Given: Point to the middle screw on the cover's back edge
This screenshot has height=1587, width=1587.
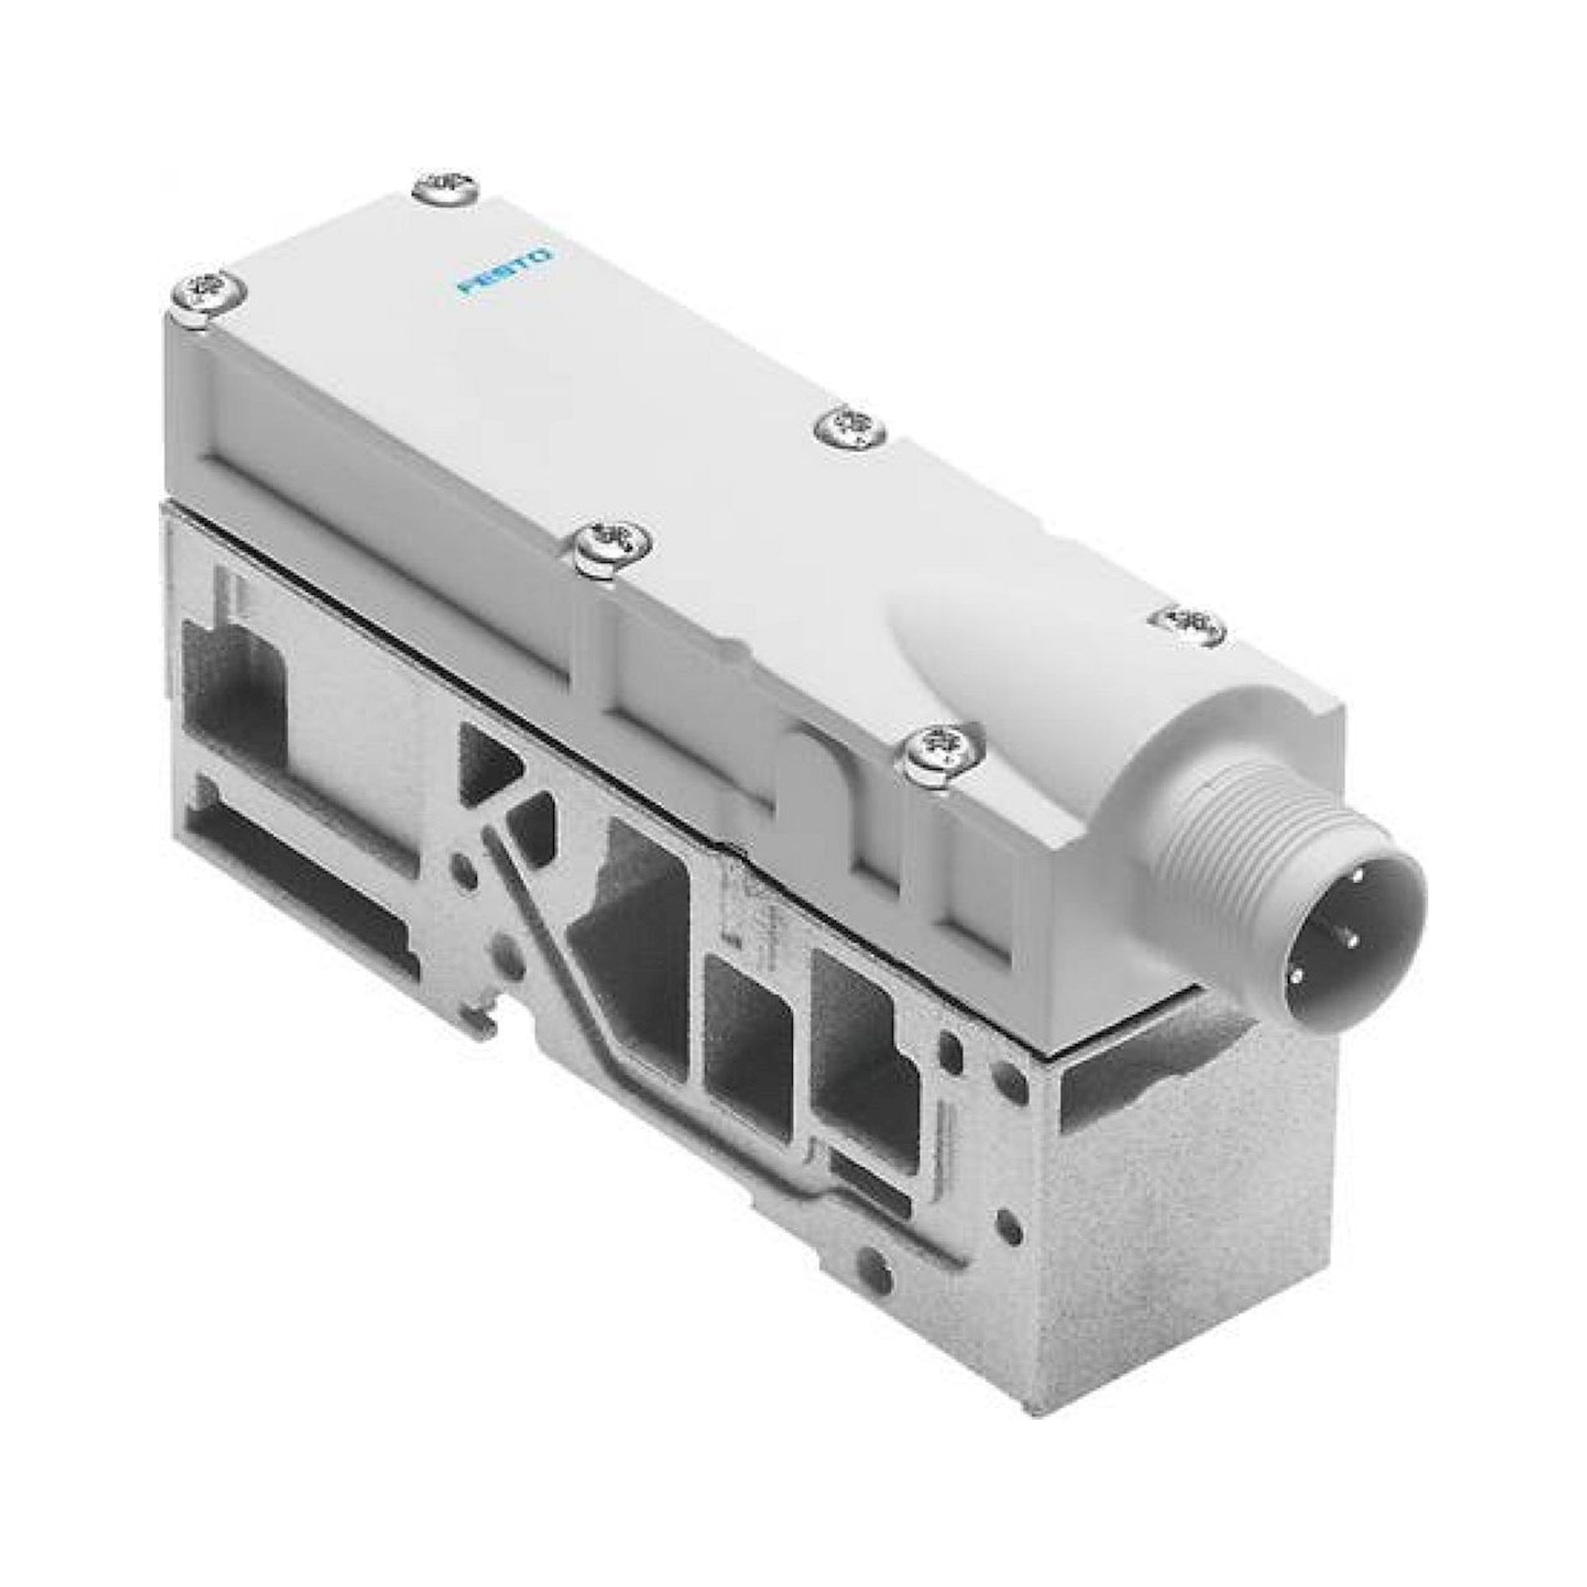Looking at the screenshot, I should [x=849, y=426].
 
